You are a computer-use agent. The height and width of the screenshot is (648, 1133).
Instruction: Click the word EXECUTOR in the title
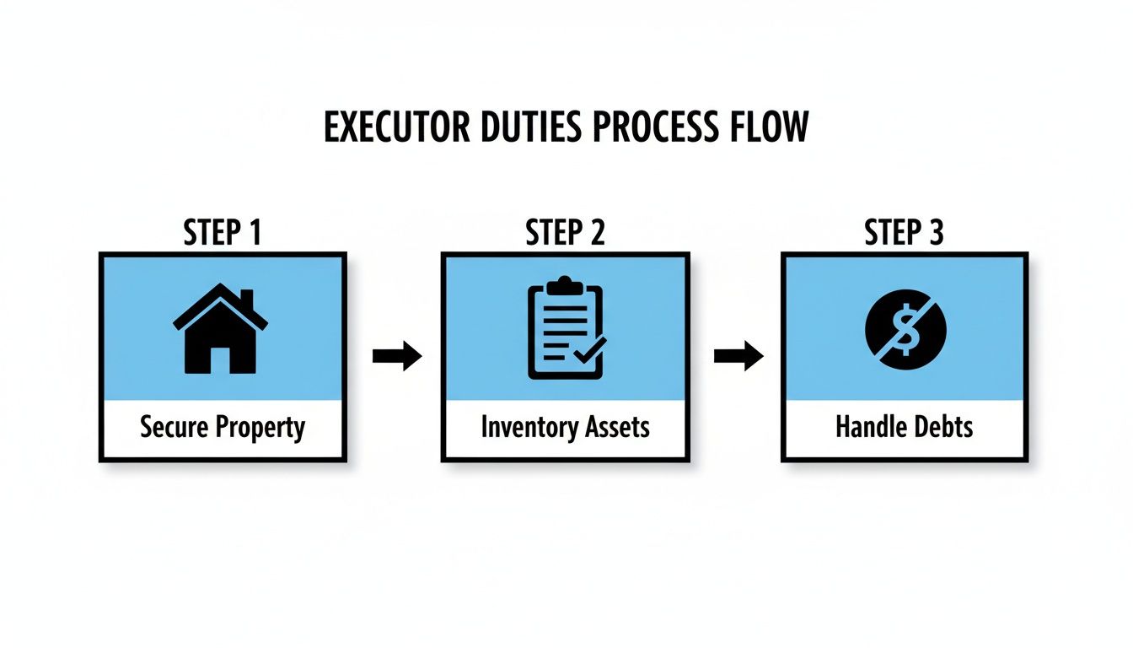click(395, 127)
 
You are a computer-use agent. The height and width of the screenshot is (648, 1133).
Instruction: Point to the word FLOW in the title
click(768, 127)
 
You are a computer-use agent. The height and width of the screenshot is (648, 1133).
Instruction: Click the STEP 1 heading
click(222, 233)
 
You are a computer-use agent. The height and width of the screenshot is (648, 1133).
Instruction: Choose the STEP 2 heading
click(565, 233)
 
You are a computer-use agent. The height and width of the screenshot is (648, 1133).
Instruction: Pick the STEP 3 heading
click(904, 233)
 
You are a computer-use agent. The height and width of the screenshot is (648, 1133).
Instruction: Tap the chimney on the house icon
click(246, 300)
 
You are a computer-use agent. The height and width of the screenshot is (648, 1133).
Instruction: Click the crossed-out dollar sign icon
click(906, 328)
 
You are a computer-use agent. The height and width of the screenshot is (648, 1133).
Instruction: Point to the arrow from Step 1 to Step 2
click(396, 356)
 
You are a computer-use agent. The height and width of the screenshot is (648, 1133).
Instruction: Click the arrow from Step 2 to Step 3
click(738, 356)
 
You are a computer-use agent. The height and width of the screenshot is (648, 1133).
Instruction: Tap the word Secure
click(174, 427)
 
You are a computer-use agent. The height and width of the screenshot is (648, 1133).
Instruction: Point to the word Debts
click(942, 427)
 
